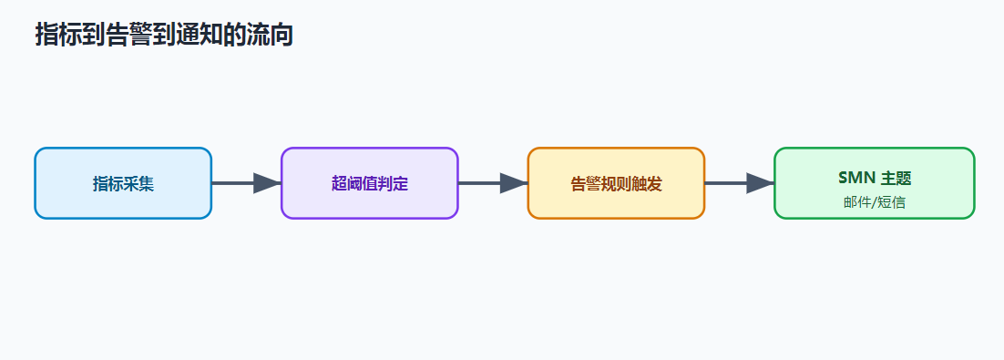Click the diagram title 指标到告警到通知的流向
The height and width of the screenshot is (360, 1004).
coord(164,35)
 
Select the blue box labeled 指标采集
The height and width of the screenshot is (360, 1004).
coord(123,183)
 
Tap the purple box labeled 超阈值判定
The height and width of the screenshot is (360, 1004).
coord(370,183)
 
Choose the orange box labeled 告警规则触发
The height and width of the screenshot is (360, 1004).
coord(616,183)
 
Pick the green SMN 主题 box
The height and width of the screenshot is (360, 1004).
coord(874,183)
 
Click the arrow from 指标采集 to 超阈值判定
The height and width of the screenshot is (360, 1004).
coord(247,183)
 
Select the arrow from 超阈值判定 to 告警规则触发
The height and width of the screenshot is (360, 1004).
coord(493,183)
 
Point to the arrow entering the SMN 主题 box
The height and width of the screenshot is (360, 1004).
coord(740,183)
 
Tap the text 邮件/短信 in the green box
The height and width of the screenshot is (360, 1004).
coord(874,202)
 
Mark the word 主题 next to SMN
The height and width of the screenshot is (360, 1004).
coord(896,178)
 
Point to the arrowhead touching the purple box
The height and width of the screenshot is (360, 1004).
coord(268,183)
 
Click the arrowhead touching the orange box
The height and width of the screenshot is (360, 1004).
coord(514,183)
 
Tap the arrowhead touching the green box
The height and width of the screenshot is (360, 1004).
coord(761,183)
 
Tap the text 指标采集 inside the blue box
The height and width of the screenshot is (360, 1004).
coord(123,184)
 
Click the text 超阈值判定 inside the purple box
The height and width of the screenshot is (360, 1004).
coord(370,184)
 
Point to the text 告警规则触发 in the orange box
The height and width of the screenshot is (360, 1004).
coord(616,184)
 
